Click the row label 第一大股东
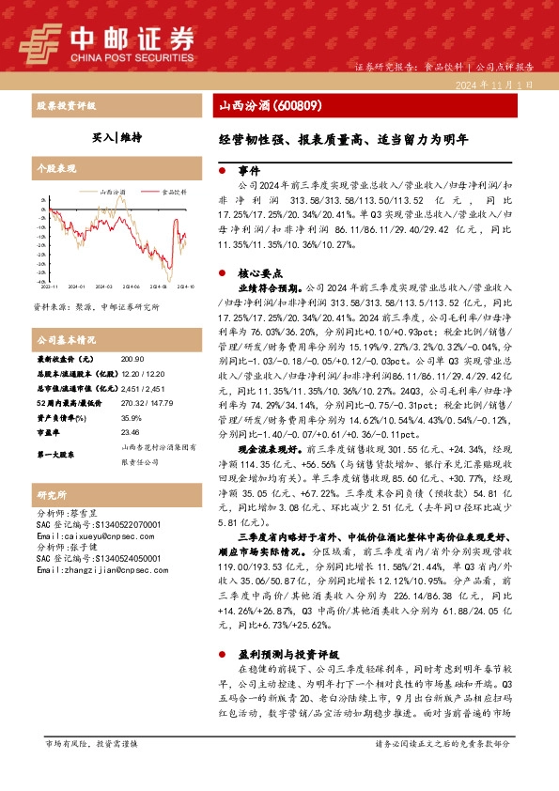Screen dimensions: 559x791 (x=57, y=454)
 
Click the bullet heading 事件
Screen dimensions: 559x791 (x=248, y=173)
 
